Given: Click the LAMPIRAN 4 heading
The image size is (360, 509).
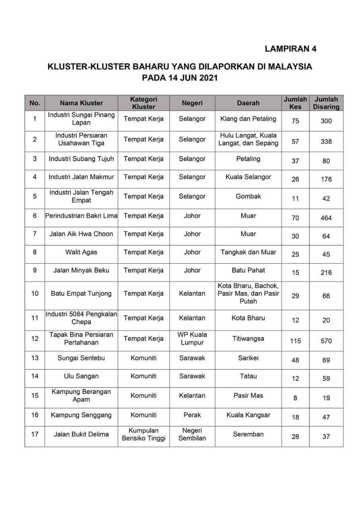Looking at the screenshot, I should point(290,49).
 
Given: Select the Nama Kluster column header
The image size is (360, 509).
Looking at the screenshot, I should point(81,103).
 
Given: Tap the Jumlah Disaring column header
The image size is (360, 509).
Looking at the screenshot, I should point(326,103).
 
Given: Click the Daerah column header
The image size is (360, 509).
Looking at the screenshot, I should point(248,103).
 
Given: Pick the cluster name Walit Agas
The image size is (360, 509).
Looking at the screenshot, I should point(81,252).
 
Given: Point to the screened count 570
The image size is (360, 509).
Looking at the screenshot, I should point(326,341).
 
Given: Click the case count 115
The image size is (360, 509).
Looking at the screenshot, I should point(295,341).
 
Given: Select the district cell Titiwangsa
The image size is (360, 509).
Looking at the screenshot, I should point(248,339).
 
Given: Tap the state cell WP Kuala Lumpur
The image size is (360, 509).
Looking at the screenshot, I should point(192,338).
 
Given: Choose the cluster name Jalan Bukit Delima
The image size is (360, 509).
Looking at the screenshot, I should point(81,434).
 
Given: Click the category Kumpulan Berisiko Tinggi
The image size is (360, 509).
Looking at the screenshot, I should point(144,434).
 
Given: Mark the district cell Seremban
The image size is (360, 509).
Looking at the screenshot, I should point(248,434).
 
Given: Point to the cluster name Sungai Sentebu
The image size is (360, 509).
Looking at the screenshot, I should point(81,358).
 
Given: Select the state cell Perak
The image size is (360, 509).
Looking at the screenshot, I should point(192,415).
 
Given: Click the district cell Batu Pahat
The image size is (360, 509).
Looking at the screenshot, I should point(248,270).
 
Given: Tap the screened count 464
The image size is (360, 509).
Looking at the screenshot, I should point(326,218).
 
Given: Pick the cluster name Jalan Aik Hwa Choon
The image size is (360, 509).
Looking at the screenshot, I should point(81,234).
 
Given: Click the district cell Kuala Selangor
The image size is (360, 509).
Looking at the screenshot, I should point(248,177).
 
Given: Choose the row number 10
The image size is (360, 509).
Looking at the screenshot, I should point(35,293).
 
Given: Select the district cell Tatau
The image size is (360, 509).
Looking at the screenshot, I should point(248,376).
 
